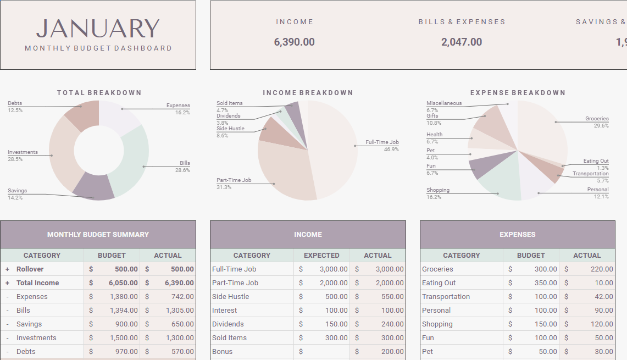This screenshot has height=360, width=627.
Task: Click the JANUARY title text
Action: pyautogui.click(x=98, y=29)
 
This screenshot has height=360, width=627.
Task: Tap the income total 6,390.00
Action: pyautogui.click(x=294, y=42)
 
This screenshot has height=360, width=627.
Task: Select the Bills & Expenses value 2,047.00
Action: pyautogui.click(x=461, y=42)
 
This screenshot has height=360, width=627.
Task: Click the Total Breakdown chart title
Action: pyautogui.click(x=99, y=93)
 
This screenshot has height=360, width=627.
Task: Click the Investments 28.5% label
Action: pyautogui.click(x=23, y=156)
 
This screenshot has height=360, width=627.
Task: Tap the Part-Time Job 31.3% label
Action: pyautogui.click(x=234, y=184)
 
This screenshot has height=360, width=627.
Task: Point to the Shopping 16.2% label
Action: pyautogui.click(x=438, y=193)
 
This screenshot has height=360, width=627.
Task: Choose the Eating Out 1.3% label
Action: pyautogui.click(x=596, y=164)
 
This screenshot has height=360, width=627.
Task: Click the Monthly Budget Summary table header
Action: pyautogui.click(x=98, y=235)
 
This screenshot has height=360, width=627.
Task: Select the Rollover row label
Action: pyautogui.click(x=30, y=269)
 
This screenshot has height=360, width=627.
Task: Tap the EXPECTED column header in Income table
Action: pyautogui.click(x=321, y=256)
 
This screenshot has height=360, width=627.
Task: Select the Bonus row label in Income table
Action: pyautogui.click(x=222, y=352)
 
